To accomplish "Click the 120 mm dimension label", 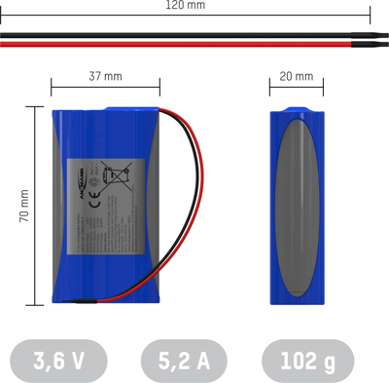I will [x=186, y=5].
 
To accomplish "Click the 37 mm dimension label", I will [x=105, y=75].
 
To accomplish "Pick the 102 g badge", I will [x=307, y=362].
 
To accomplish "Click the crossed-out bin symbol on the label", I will [x=117, y=177].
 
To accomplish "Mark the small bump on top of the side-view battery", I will [x=297, y=106].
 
